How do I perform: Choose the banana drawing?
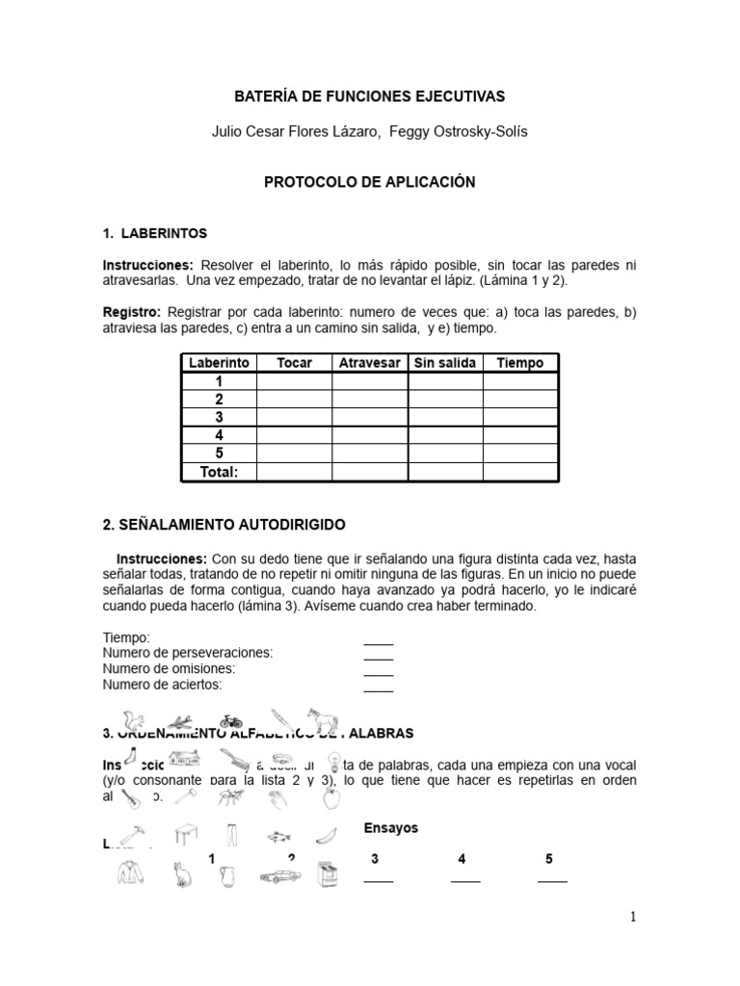click(329, 834)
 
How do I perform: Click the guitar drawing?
click(129, 798)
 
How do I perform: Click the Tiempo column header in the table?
click(519, 363)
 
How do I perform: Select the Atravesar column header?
click(369, 363)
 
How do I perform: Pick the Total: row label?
click(219, 472)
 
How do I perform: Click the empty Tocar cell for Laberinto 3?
click(294, 418)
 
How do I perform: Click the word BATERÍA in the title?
click(266, 96)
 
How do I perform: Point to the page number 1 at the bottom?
click(633, 918)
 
